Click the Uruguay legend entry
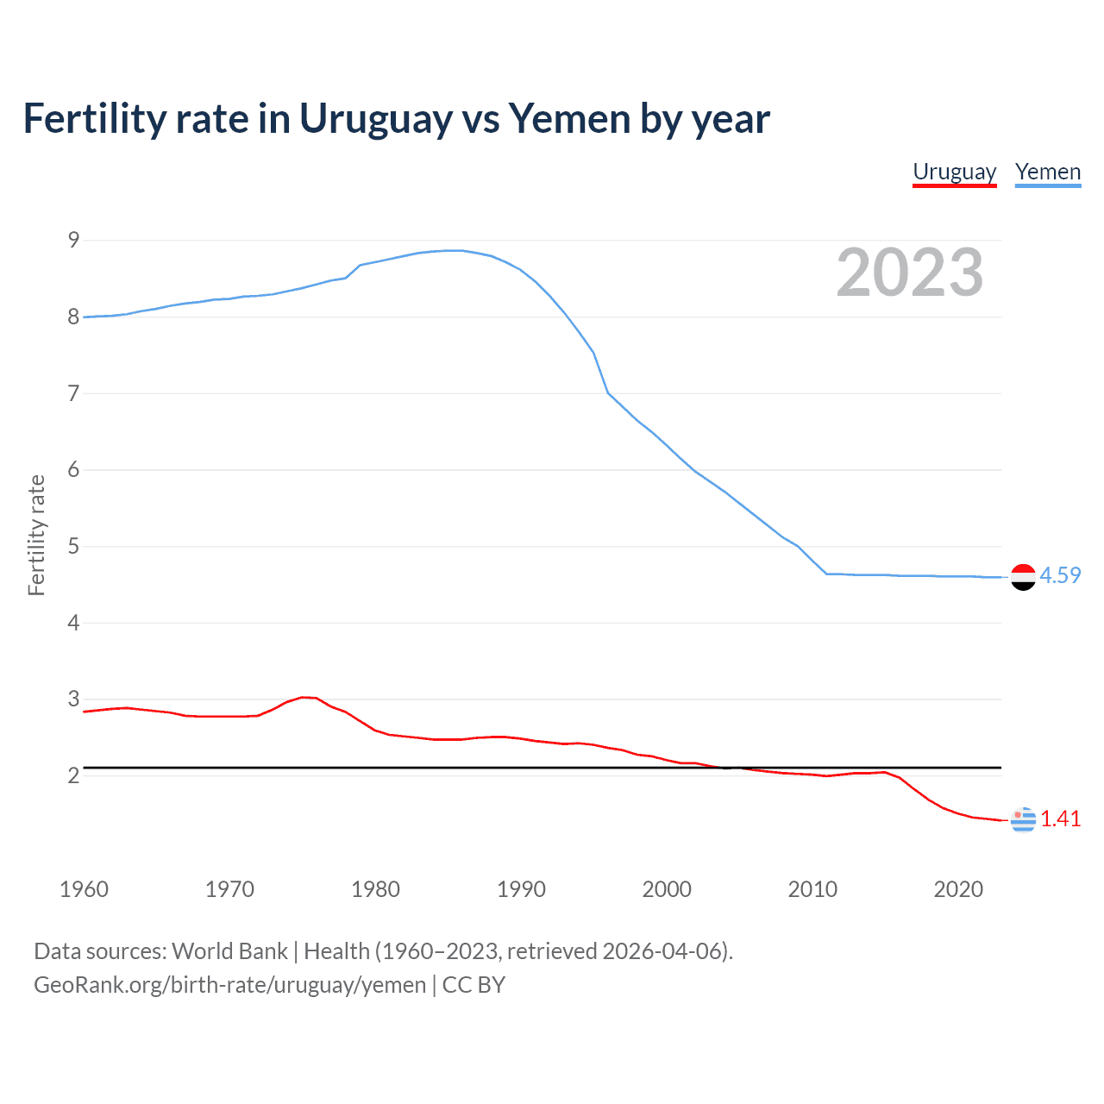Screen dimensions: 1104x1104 pyautogui.click(x=954, y=172)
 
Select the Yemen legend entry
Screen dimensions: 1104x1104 pyautogui.click(x=1047, y=172)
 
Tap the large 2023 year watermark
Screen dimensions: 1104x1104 pyautogui.click(x=909, y=273)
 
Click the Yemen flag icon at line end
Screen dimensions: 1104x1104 pyautogui.click(x=1023, y=577)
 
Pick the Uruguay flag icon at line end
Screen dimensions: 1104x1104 pyautogui.click(x=1023, y=819)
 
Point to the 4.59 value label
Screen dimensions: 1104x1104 pyautogui.click(x=1060, y=575)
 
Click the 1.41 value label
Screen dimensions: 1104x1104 pyautogui.click(x=1060, y=819)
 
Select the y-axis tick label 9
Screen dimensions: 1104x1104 pyautogui.click(x=73, y=240)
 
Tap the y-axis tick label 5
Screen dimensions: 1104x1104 pyautogui.click(x=73, y=546)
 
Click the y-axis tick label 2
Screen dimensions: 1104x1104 pyautogui.click(x=73, y=775)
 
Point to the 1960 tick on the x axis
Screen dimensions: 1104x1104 pyautogui.click(x=84, y=889)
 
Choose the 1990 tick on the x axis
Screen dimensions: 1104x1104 pyautogui.click(x=521, y=889)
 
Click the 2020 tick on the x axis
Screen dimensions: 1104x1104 pyautogui.click(x=958, y=889)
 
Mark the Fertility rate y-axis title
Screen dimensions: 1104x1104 pyautogui.click(x=36, y=535)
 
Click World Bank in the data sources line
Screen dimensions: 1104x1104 pyautogui.click(x=229, y=950)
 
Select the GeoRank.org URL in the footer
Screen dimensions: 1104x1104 pyautogui.click(x=229, y=985)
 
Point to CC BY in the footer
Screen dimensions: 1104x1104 pyautogui.click(x=474, y=985)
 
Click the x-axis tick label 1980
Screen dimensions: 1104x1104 pyautogui.click(x=375, y=889)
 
